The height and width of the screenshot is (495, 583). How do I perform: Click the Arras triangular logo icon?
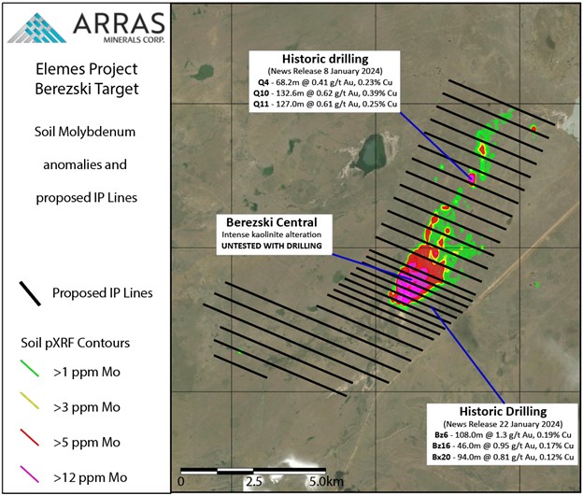36,28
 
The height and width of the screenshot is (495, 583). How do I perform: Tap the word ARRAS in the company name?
119,24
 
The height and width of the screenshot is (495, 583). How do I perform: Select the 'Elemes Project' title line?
87,69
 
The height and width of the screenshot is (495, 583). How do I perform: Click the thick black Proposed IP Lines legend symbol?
30,293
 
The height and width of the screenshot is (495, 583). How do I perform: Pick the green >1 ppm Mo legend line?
30,368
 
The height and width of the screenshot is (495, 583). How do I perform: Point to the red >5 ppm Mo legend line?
30,437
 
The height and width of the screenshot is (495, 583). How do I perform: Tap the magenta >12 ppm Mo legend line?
30,474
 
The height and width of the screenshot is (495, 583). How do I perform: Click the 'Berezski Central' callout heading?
272,222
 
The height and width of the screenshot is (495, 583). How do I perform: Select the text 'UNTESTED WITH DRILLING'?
272,246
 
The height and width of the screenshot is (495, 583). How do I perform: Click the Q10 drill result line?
325,92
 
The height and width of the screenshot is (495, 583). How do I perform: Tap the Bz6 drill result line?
503,434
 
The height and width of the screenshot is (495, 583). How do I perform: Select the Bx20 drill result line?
503,457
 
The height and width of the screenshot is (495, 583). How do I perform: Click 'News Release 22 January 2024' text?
503,424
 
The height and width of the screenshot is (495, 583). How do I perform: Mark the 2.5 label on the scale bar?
253,482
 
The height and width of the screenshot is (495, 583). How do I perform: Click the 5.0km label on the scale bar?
326,482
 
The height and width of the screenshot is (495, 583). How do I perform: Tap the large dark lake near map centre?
370,155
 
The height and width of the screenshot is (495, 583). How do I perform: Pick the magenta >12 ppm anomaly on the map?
411,286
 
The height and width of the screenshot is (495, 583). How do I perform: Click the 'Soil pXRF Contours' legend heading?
75,343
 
